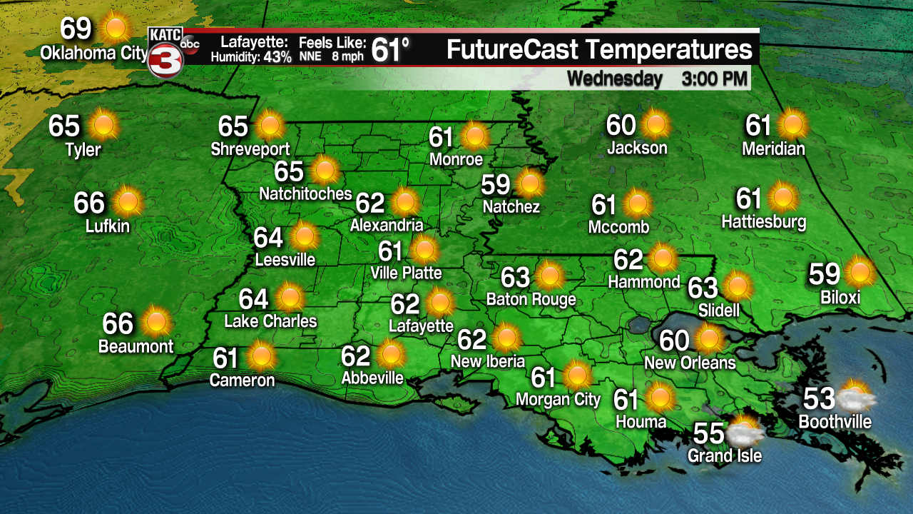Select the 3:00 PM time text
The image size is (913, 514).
point(714,79)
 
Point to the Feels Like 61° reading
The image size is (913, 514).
point(390,50)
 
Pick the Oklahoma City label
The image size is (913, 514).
point(93,53)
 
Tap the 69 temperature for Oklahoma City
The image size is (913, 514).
point(76,29)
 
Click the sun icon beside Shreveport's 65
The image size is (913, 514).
point(270,126)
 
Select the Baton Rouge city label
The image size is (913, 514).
point(531,299)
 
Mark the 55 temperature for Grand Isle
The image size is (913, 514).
point(709,433)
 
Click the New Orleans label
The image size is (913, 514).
point(690,363)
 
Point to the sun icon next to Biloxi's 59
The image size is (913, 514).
point(860,273)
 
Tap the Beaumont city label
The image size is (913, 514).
point(136,347)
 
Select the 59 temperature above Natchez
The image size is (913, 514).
point(496,185)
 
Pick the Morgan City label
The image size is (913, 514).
point(558,399)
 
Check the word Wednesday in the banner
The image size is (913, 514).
point(615,79)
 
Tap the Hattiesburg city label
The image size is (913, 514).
point(764,221)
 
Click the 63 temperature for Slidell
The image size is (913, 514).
point(703,288)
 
